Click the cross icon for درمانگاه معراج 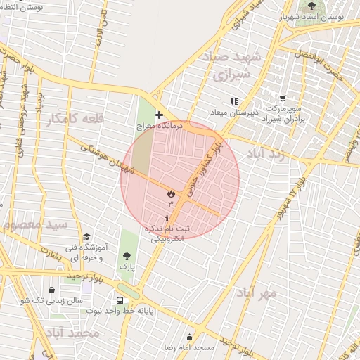[x=159, y=114]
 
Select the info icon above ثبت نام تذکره [x=167, y=219]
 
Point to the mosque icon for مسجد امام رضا [x=188, y=337]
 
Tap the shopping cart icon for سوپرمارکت [x=283, y=99]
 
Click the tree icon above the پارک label [x=126, y=256]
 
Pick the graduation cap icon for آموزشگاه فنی [x=86, y=237]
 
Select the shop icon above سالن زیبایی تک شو [x=53, y=289]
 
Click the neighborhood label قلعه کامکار [x=75, y=119]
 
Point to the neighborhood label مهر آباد [x=257, y=291]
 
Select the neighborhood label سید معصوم [x=34, y=225]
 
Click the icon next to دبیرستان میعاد [x=234, y=101]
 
